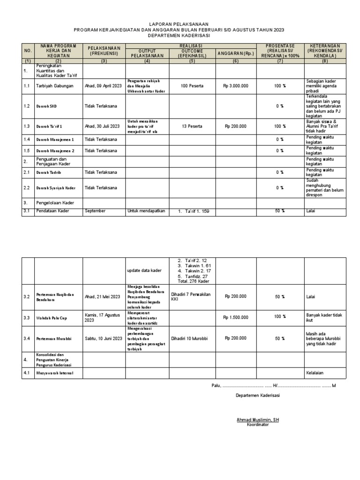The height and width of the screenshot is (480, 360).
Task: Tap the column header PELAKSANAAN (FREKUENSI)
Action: pyautogui.click(x=104, y=51)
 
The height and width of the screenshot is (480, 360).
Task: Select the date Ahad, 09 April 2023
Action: pyautogui.click(x=103, y=86)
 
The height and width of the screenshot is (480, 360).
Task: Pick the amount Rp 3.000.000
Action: pyautogui.click(x=235, y=86)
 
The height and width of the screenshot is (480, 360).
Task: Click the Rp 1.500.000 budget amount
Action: pyautogui.click(x=235, y=317)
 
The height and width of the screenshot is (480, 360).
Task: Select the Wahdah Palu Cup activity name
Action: pyautogui.click(x=52, y=318)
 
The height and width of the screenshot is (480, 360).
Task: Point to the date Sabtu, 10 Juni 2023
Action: pyautogui.click(x=103, y=338)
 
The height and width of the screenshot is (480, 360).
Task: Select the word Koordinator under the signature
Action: pyautogui.click(x=258, y=424)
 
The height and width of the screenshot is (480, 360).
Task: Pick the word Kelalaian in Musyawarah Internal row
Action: pyautogui.click(x=316, y=373)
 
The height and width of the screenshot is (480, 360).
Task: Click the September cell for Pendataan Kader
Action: pyautogui.click(x=96, y=211)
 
